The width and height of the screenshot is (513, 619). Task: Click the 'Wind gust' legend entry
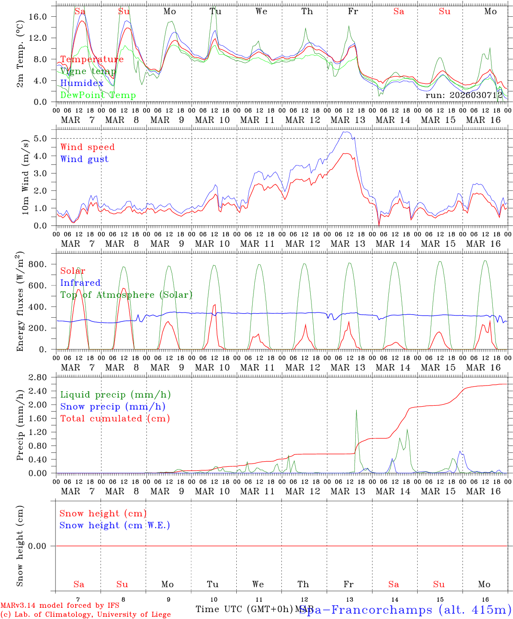[x=84, y=159]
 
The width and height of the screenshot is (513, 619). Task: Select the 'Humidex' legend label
[x=82, y=83]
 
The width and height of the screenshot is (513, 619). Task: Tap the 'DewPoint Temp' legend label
[x=98, y=95]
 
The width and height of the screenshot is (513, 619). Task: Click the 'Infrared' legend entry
[x=80, y=283]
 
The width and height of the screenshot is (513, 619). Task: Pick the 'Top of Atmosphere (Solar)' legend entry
[x=126, y=295]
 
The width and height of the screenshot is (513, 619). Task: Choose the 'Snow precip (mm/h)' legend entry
[x=113, y=407]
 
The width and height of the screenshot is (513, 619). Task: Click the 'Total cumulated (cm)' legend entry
[x=115, y=419]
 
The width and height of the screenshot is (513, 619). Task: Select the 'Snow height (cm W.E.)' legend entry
[x=115, y=525]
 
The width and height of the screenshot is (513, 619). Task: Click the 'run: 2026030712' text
[x=464, y=95]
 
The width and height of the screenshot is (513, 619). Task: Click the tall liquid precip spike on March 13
[x=356, y=411]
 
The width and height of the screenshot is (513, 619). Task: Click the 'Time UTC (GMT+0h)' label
[x=244, y=609]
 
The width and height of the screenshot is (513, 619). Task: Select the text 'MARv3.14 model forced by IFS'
[x=60, y=606]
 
